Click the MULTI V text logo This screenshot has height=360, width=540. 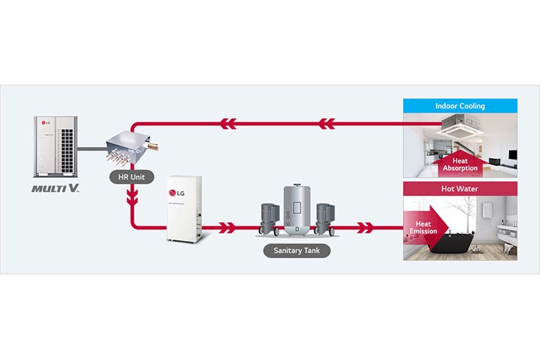click(56, 188)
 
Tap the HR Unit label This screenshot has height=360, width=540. click(131, 177)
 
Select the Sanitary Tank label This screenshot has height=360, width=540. click(297, 250)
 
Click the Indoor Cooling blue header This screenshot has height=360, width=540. click(460, 106)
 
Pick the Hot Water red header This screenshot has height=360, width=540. click(460, 188)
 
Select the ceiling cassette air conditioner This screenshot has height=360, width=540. click(465, 124)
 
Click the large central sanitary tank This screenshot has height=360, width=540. click(297, 210)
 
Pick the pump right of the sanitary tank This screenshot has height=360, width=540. click(324, 217)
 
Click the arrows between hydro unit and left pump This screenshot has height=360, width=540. click(226, 228)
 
